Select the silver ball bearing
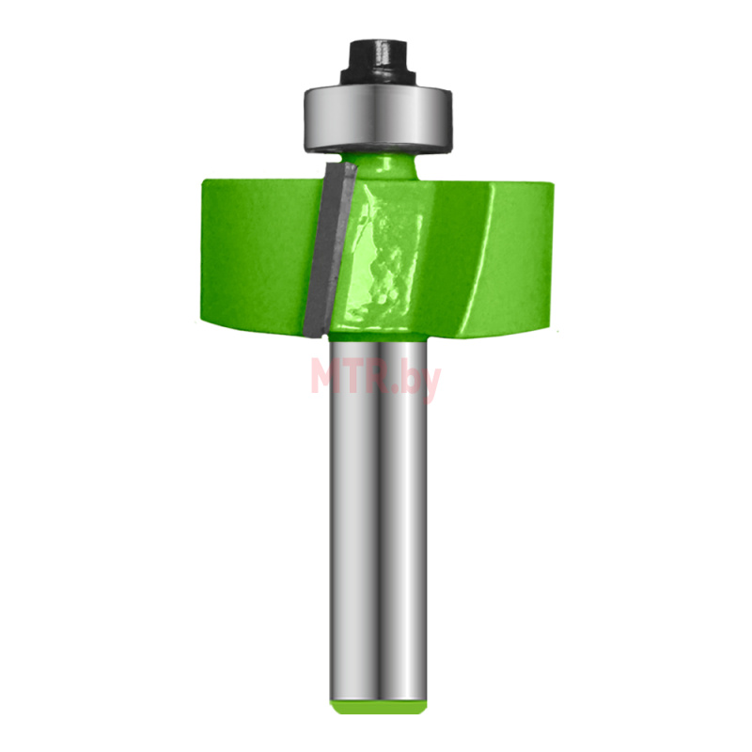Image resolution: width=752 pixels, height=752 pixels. (x=378, y=118)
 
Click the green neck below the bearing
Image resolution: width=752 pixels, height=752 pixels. (x=379, y=165)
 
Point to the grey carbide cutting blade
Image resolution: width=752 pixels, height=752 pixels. (x=330, y=249)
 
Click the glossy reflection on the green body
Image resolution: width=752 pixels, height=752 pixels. (x=384, y=259)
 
